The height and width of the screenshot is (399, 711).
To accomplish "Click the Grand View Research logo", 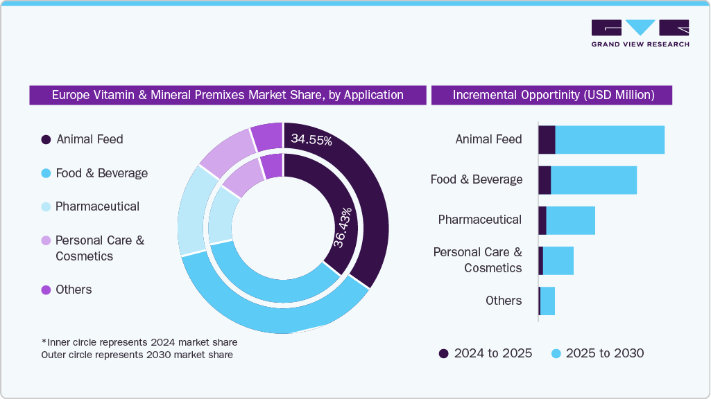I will point(640,33).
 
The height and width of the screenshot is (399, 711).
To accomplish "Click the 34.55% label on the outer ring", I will point(311,140).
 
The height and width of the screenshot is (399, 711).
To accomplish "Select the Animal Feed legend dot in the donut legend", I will point(46,139).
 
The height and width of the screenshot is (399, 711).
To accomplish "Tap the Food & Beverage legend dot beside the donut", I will point(46,173).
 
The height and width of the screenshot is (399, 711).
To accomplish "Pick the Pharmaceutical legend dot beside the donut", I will point(46,206).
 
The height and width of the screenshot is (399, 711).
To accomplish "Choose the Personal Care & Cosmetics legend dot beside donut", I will point(46,240).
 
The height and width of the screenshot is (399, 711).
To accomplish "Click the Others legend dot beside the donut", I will point(46,290).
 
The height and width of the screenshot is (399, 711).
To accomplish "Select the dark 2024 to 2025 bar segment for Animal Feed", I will point(547,140).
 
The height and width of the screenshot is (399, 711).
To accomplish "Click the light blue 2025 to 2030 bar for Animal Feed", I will point(610,140).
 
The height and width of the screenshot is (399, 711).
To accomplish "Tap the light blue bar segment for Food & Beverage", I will point(593,180).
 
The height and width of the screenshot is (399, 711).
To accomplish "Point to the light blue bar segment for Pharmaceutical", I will point(570,220).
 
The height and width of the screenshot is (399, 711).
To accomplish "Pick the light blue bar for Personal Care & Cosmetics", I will point(558,260).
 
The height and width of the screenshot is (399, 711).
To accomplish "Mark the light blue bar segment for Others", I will point(547,301).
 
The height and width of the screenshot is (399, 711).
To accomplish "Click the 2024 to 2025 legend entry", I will point(486,353).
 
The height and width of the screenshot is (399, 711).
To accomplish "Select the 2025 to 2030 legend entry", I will point(597,353).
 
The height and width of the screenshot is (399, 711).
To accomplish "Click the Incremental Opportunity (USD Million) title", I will point(553,95).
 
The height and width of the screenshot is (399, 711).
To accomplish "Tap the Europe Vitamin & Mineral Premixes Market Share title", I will point(228,95).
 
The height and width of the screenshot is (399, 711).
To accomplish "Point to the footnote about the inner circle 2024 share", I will point(139,342).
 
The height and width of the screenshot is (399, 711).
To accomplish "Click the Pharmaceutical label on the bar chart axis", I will point(479,220).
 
